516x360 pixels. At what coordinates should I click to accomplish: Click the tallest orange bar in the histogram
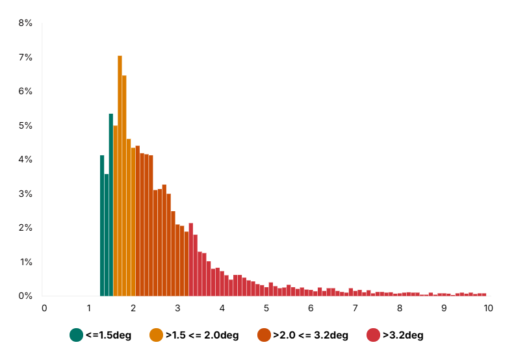tap(120, 175)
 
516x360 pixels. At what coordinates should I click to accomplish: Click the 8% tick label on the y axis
tap(25, 23)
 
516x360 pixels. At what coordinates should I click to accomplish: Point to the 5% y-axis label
tap(25, 125)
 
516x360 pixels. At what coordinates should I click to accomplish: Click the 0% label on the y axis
tap(25, 296)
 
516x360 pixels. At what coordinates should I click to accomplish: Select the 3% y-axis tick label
tap(25, 194)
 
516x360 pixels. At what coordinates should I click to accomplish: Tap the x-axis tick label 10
tap(488, 307)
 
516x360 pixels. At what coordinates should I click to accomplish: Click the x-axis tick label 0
tap(44, 307)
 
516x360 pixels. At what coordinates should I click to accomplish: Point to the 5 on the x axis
tap(266, 307)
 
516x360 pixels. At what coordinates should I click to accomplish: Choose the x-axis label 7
tap(355, 307)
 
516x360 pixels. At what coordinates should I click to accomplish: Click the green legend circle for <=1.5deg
tap(77, 335)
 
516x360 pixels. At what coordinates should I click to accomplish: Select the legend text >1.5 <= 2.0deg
tap(202, 335)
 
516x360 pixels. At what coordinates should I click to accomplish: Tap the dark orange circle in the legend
tap(264, 335)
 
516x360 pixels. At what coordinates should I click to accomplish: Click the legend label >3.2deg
tap(403, 335)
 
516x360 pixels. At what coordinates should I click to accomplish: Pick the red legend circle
tap(373, 335)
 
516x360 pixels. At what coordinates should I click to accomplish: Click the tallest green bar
tap(111, 205)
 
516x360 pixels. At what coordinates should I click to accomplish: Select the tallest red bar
tap(191, 260)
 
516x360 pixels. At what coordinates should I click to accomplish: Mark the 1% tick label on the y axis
tap(25, 262)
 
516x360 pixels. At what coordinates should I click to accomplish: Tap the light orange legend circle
tap(156, 335)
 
